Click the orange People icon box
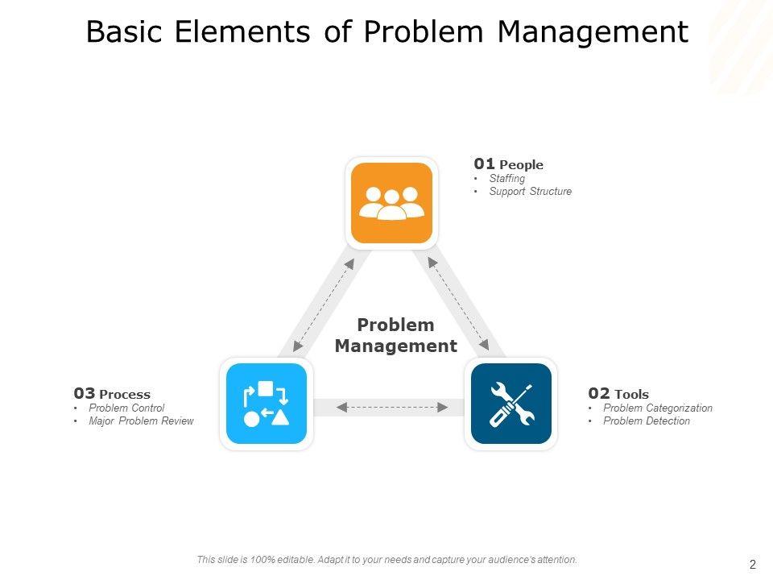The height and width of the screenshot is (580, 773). (x=391, y=203)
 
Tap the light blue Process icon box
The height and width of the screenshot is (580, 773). (x=267, y=404)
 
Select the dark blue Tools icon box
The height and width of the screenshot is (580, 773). (x=511, y=404)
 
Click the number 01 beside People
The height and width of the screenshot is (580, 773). (x=484, y=164)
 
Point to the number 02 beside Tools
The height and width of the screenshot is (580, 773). (x=598, y=393)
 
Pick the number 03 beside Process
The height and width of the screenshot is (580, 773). (x=84, y=393)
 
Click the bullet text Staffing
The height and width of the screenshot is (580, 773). (x=506, y=179)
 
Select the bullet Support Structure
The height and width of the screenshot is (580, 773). (x=530, y=192)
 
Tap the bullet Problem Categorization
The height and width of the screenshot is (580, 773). (x=657, y=408)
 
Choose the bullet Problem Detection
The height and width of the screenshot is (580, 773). (x=646, y=420)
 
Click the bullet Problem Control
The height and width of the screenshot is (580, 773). (x=126, y=408)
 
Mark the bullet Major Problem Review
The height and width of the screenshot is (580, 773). (x=141, y=420)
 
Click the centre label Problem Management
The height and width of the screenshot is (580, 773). (x=395, y=335)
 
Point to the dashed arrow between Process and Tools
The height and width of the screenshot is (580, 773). (x=392, y=408)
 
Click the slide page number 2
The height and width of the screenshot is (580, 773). (x=752, y=565)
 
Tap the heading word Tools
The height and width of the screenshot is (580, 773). (x=631, y=394)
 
